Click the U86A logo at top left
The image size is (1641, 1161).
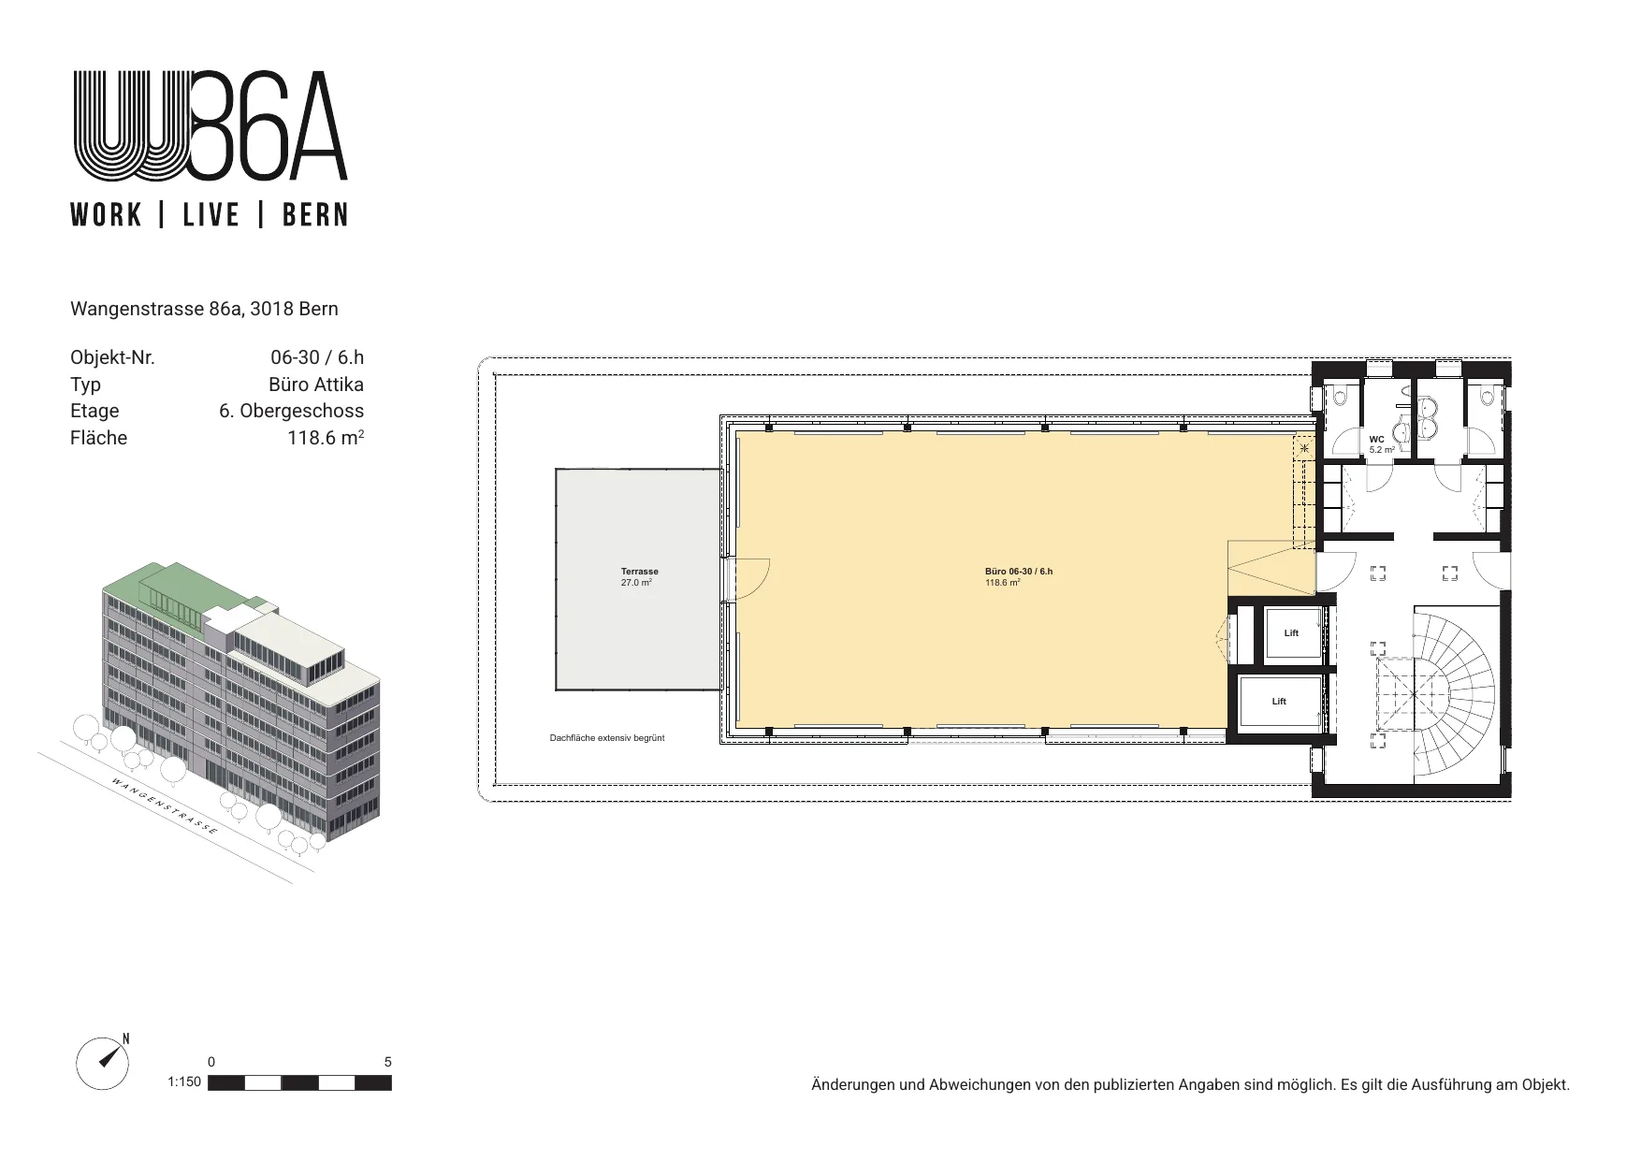[x=210, y=125]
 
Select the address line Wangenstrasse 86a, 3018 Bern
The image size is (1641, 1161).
[x=204, y=309]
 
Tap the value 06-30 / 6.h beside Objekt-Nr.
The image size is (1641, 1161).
[x=317, y=357]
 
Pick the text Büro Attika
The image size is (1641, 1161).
[x=316, y=385]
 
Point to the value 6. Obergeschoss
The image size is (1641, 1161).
[x=292, y=411]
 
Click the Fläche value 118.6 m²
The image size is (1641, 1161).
[x=326, y=437]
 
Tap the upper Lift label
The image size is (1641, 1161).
[x=1291, y=633]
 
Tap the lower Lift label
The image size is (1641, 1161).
[x=1279, y=702]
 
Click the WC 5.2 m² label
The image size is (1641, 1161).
[x=1382, y=444]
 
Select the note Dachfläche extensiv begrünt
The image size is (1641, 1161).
[x=607, y=738]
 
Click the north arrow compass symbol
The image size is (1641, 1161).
[x=104, y=1063]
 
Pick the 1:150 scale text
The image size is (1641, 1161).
[x=184, y=1082]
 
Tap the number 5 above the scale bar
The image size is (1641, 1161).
[x=388, y=1062]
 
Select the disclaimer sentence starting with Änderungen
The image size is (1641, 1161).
[x=1191, y=1085]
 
